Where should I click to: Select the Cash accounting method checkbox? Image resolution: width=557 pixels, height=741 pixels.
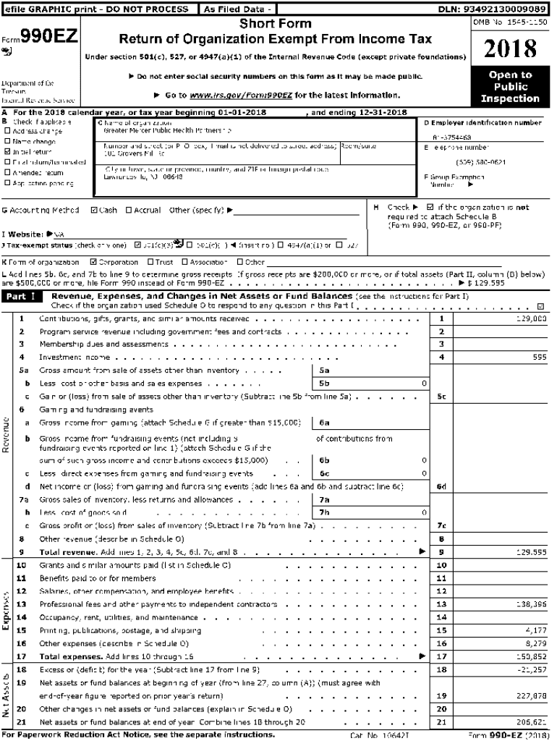(x=94, y=211)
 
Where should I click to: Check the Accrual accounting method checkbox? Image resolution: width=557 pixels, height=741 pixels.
(x=129, y=211)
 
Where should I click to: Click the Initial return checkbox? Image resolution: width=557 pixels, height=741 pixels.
(x=7, y=152)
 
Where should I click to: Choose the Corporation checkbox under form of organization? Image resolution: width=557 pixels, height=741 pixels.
(x=93, y=262)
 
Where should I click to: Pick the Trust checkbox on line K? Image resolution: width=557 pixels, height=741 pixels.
(x=150, y=262)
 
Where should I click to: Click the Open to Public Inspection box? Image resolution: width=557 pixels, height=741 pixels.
(x=510, y=87)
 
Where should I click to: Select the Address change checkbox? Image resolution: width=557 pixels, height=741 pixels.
(x=7, y=132)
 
